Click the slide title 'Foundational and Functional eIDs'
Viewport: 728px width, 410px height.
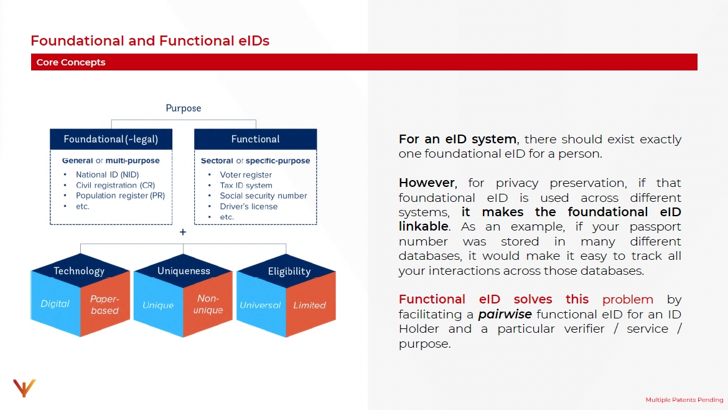[x=150, y=41]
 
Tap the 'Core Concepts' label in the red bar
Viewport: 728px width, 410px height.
[x=71, y=62]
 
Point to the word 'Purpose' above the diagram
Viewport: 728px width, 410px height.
[x=184, y=108]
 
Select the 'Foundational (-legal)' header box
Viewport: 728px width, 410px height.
[x=111, y=139]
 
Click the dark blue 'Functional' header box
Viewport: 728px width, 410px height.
[x=255, y=139]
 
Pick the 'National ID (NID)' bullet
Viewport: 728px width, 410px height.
[x=107, y=175]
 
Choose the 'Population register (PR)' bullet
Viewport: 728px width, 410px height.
[x=120, y=196]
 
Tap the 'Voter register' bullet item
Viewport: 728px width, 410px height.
[x=246, y=175]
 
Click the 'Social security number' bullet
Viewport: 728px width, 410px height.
[x=263, y=196]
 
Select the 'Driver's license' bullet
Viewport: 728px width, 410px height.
[x=249, y=206]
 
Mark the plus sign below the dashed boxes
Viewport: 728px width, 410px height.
[x=183, y=232]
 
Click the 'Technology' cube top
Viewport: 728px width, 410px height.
[x=79, y=271]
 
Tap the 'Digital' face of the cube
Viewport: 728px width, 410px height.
[x=55, y=304]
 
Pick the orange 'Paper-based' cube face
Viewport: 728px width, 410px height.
[x=105, y=305]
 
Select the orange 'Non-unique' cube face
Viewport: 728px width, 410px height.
[x=208, y=304]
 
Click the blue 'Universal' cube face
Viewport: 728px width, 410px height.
[x=260, y=305]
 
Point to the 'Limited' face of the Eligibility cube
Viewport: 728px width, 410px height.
[x=309, y=305]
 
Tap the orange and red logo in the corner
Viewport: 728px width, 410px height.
[x=24, y=388]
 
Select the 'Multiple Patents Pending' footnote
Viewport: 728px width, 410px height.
[x=684, y=400]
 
